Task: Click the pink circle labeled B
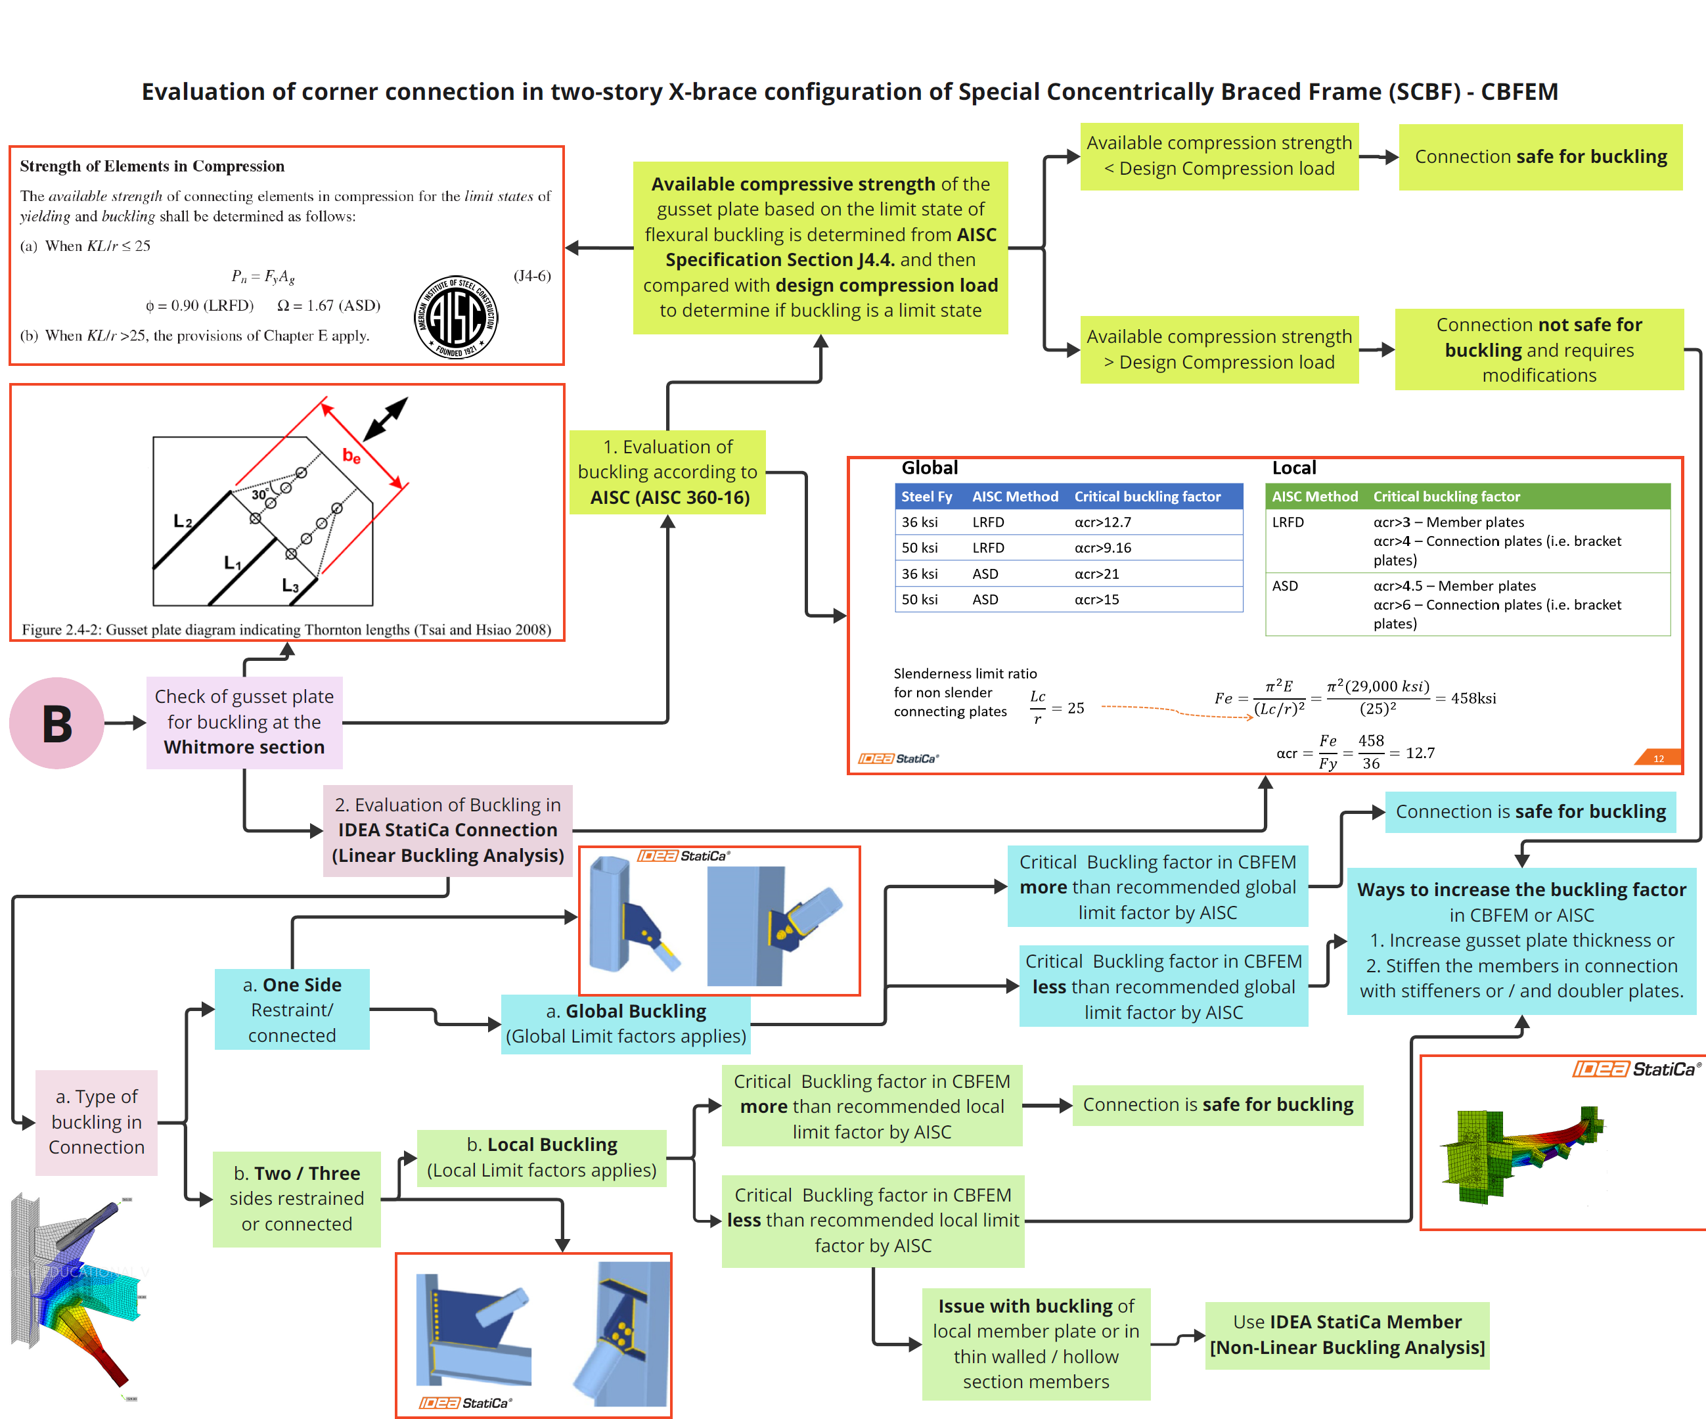pos(57,723)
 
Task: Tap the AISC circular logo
pos(456,317)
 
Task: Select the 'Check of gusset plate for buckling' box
pos(244,722)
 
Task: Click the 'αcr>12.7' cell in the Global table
pos(1102,522)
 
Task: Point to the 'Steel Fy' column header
pos(926,496)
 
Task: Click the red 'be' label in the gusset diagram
pos(351,456)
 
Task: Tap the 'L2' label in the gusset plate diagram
pos(183,522)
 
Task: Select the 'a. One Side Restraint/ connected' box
pos(292,1010)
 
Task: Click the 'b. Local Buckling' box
pos(542,1158)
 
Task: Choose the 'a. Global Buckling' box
pos(625,1024)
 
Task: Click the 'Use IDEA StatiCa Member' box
pos(1347,1334)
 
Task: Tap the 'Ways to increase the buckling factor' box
pos(1521,941)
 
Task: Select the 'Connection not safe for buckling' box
pos(1539,349)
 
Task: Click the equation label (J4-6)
pos(532,275)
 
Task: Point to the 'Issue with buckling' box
pos(1036,1343)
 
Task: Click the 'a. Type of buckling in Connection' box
pos(97,1121)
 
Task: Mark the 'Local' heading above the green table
pos(1294,468)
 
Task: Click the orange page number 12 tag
pos(1658,758)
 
